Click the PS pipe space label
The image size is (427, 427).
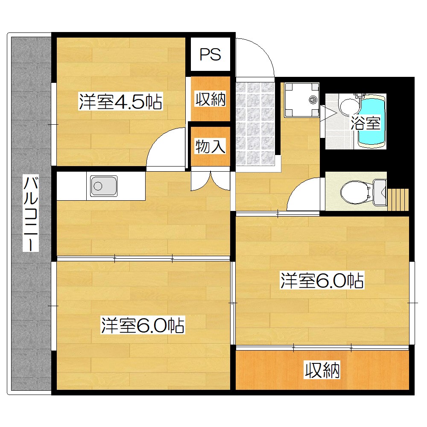pos(210,55)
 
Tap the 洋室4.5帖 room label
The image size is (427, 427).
pos(121,101)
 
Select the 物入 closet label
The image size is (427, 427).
pos(210,146)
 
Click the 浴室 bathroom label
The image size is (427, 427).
pos(365,123)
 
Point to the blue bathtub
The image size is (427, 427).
pos(372,121)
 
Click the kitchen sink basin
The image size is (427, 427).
pos(104,186)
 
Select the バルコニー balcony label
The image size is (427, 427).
pos(30,213)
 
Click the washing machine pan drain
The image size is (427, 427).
pos(313,100)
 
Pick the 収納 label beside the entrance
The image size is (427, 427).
pos(210,99)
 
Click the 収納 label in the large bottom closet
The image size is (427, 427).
pos(322,370)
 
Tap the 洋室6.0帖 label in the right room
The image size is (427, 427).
pos(322,281)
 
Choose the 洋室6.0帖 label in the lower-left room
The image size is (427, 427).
pos(143,325)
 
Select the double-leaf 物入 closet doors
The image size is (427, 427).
pos(211,181)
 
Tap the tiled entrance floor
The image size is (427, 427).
pos(255,124)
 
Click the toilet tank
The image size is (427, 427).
pos(380,192)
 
